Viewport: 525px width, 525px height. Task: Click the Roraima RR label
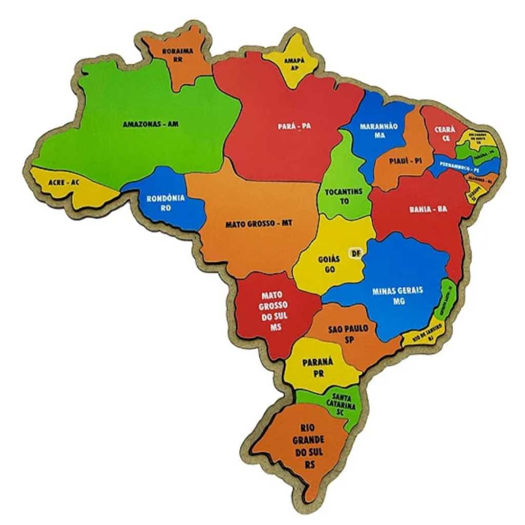click(x=178, y=55)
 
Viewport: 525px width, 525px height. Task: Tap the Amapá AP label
click(x=294, y=64)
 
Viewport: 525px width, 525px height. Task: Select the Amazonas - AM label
click(x=151, y=124)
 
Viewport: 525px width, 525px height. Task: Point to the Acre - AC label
click(x=64, y=183)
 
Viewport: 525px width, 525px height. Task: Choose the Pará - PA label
click(x=295, y=126)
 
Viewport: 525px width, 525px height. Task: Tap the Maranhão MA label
click(x=379, y=130)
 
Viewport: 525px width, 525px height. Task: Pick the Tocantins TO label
click(x=344, y=196)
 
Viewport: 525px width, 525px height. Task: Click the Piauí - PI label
click(x=405, y=161)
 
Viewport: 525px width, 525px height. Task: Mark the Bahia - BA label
click(x=428, y=209)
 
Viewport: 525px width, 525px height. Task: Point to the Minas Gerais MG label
click(x=398, y=295)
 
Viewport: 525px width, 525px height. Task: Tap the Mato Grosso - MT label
click(x=258, y=224)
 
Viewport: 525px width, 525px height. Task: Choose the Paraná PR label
click(x=317, y=367)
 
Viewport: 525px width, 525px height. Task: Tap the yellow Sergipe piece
click(x=474, y=194)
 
